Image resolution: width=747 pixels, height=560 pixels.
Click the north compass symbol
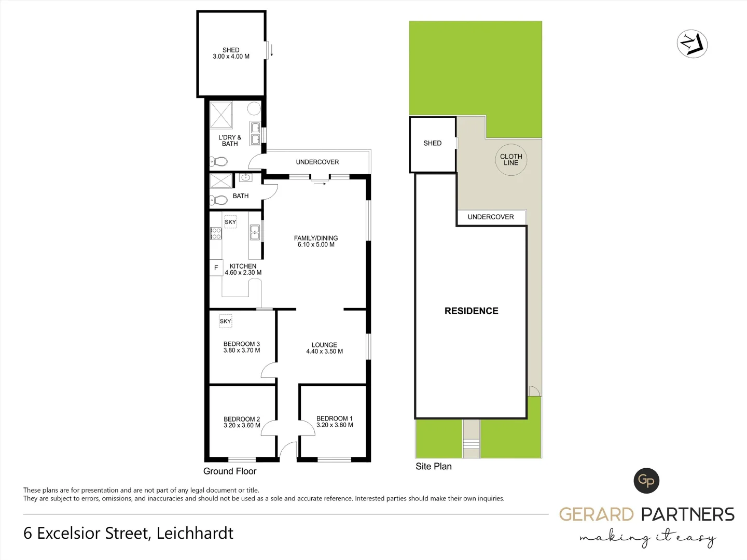(x=693, y=44)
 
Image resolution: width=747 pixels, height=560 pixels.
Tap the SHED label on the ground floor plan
(x=231, y=50)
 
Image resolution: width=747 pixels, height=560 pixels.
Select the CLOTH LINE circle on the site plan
(x=511, y=160)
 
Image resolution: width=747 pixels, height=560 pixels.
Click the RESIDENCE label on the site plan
(x=471, y=311)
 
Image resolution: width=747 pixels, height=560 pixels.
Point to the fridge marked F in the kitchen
(x=216, y=268)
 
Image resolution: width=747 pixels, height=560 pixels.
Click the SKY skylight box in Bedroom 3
(x=225, y=321)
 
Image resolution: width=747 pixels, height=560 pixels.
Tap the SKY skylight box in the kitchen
(x=230, y=222)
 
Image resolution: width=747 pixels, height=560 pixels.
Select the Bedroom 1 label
(x=334, y=418)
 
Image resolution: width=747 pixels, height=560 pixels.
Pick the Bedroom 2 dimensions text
(x=242, y=426)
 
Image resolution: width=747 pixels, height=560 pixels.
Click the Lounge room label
(x=324, y=345)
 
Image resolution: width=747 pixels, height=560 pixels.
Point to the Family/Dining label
(x=316, y=239)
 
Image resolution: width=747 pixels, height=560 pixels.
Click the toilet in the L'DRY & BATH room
(x=219, y=162)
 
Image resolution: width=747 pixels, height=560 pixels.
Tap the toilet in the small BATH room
(x=219, y=200)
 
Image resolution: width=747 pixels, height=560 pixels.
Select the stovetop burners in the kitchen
(x=216, y=234)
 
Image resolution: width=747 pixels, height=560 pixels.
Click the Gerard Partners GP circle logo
(x=646, y=481)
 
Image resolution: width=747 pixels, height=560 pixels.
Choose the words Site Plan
(x=434, y=466)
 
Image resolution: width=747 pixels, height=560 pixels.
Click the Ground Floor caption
(x=230, y=471)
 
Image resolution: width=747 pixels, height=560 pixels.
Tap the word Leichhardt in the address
(x=195, y=533)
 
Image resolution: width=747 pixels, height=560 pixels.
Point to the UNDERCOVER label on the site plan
(x=491, y=217)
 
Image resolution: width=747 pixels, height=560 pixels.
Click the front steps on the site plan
(x=472, y=444)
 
